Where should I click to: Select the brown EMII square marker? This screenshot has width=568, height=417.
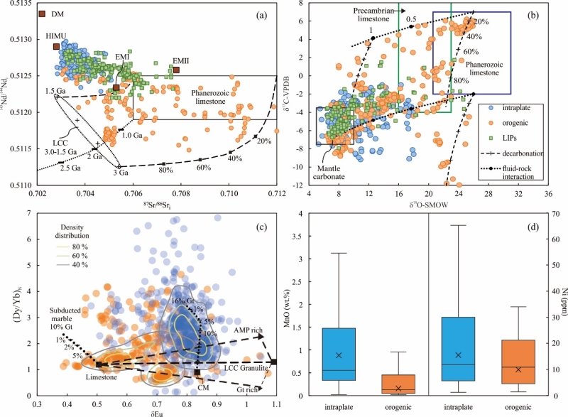pyautogui.click(x=176, y=70)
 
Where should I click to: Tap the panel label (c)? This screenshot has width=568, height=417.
pyautogui.click(x=263, y=221)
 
